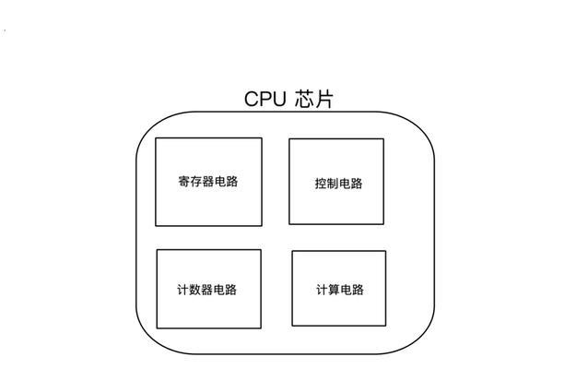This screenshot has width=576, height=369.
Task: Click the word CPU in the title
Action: (264, 100)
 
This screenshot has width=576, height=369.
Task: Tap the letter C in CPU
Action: (252, 100)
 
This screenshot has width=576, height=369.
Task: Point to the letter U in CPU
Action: (279, 100)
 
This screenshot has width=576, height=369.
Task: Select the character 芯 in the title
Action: (304, 99)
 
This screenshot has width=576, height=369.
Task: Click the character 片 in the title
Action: (323, 99)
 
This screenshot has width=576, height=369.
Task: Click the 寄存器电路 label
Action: (208, 181)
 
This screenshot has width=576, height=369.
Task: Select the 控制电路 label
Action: (338, 184)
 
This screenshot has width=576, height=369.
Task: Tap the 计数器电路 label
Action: (206, 290)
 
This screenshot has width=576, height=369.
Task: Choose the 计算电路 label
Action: (340, 290)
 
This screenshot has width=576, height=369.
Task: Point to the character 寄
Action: (184, 181)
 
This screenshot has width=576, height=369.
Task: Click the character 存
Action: (196, 181)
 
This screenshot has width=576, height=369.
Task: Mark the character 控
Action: (321, 184)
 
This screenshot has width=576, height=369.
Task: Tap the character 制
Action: (333, 184)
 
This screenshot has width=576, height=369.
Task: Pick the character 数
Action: (195, 290)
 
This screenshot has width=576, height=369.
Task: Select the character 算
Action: (334, 290)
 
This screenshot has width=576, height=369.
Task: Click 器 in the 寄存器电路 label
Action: (208, 181)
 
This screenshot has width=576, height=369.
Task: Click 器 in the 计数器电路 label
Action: (206, 290)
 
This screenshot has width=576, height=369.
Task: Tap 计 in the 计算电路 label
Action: (322, 290)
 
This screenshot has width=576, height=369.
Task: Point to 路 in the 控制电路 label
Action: (357, 184)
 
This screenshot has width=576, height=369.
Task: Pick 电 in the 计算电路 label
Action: (346, 290)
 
